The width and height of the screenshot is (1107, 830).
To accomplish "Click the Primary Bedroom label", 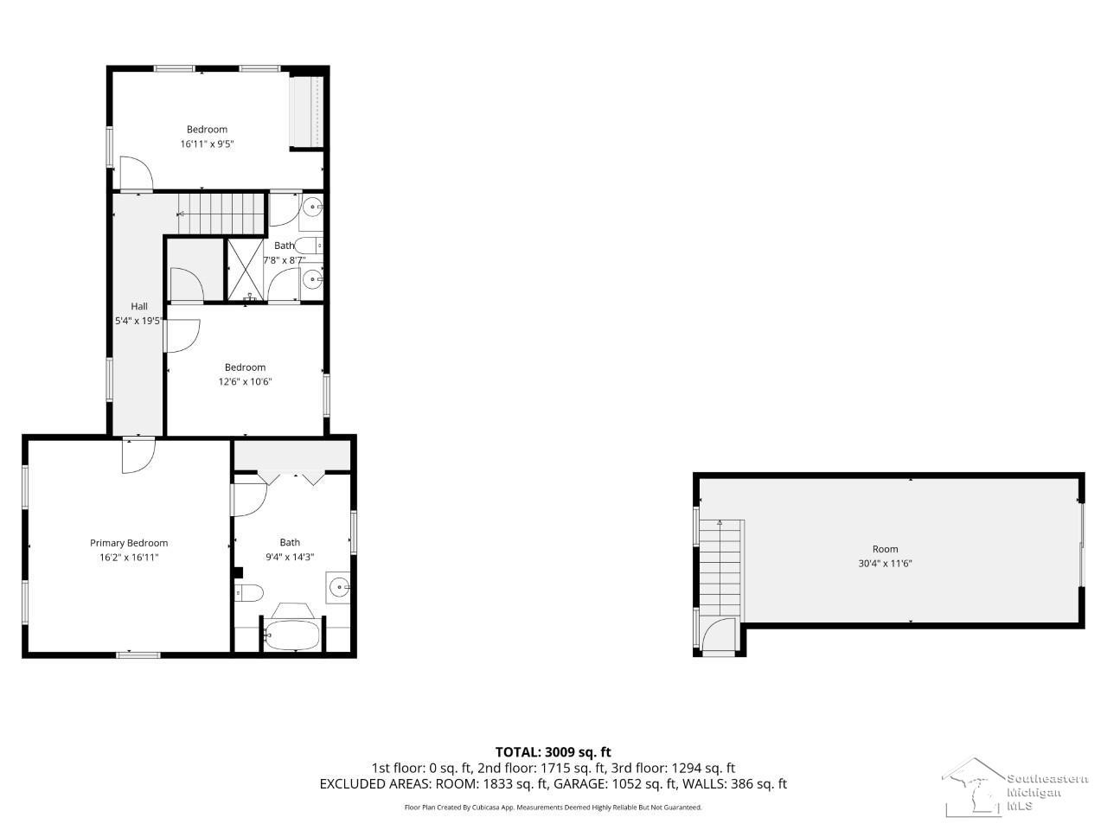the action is pos(129,543).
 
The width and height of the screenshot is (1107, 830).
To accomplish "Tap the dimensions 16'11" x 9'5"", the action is pos(207,144).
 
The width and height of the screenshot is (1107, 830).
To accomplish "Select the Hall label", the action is pos(139,306).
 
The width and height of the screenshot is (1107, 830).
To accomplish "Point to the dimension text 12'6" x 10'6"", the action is pos(245,381).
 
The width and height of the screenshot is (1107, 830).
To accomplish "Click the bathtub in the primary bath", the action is pos(292,635).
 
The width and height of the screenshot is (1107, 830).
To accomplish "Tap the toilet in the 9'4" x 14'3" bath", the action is pos(248,592).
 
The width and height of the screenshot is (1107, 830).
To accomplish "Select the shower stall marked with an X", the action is pos(245,270).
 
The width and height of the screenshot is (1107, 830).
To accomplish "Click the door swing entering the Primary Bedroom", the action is pos(138,456).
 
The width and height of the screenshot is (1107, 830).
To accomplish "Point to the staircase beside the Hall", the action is pos(221,214).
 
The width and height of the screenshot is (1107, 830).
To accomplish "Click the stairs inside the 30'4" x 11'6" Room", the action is pos(720,570).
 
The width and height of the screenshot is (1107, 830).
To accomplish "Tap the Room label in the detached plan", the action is pos(885,549).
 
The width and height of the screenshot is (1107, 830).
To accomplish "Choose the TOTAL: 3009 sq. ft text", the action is pos(553,752).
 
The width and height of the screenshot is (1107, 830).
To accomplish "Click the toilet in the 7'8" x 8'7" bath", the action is pos(308,246).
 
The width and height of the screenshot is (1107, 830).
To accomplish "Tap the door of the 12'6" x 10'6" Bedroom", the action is pos(182,336).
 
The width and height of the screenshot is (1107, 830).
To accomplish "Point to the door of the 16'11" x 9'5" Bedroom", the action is pos(136,174).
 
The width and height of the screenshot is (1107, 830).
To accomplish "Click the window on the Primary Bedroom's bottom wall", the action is pos(138,655).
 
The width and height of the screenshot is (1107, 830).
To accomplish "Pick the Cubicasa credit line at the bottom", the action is pos(553,808).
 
